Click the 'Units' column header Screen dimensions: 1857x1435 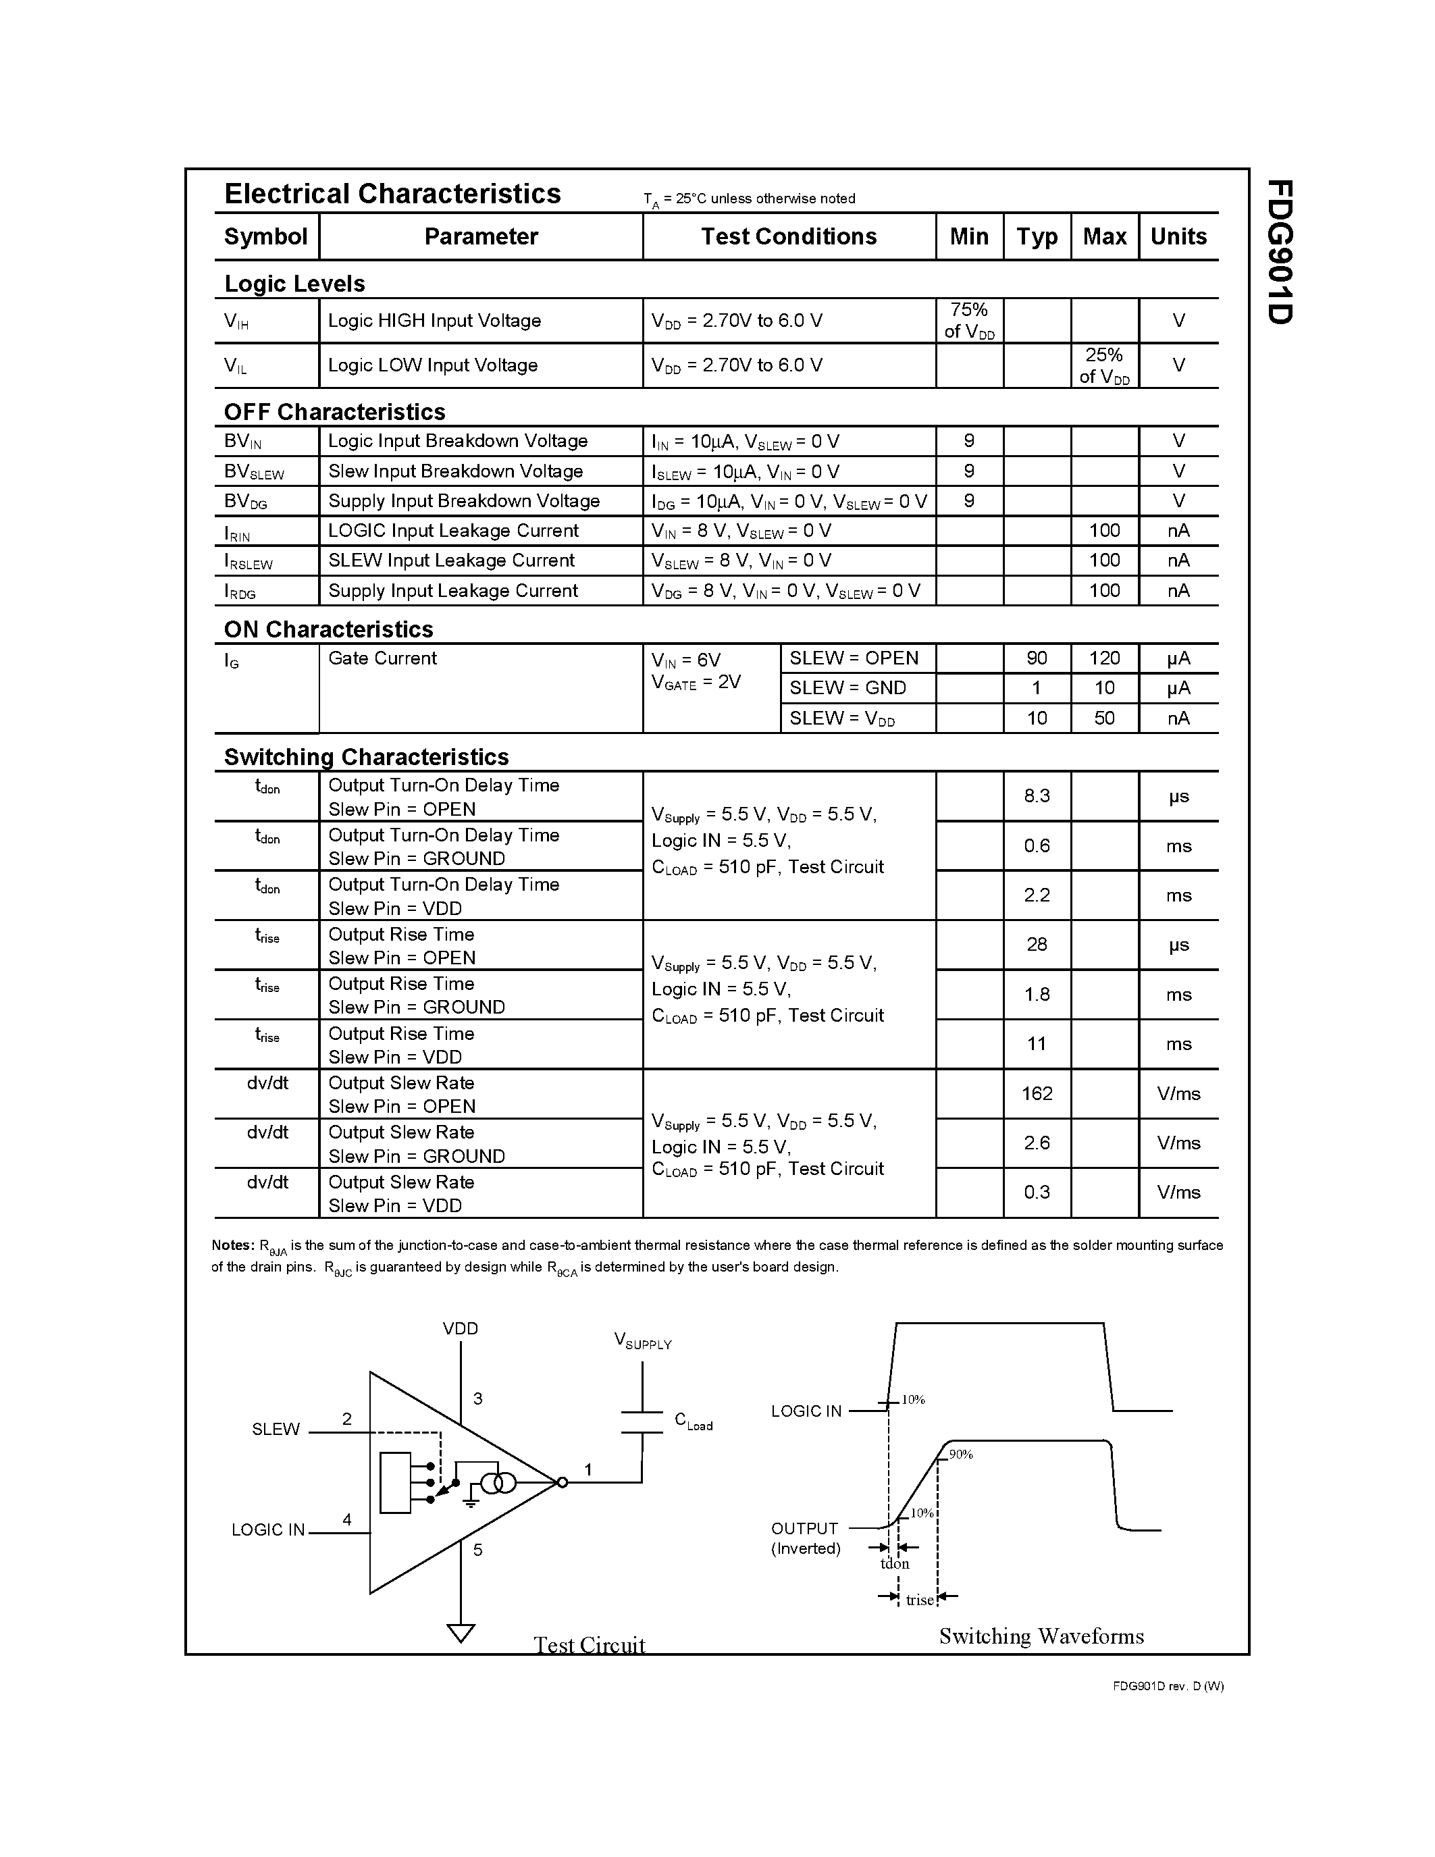[x=1178, y=236]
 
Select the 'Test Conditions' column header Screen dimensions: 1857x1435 [x=788, y=236]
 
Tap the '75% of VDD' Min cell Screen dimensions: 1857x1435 [x=969, y=321]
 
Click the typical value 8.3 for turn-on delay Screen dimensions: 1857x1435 [x=1037, y=796]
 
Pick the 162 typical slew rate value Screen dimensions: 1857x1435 [x=1037, y=1093]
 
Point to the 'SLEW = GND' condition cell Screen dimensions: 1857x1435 [x=847, y=688]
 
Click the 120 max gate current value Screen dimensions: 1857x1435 [x=1103, y=658]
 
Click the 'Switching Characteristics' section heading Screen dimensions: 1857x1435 [x=365, y=757]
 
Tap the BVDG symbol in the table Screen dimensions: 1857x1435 [x=246, y=502]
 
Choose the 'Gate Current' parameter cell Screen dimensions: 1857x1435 [x=382, y=658]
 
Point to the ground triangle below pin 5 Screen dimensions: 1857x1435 [x=461, y=1633]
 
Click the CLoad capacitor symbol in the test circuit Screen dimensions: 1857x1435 [x=642, y=1421]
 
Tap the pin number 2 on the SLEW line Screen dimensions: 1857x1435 [x=347, y=1418]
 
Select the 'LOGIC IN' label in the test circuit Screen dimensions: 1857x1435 [x=268, y=1529]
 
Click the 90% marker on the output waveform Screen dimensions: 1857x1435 [x=961, y=1455]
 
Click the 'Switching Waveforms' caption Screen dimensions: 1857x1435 [x=1041, y=1636]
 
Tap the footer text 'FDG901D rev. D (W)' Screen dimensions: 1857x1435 [x=1168, y=1686]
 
